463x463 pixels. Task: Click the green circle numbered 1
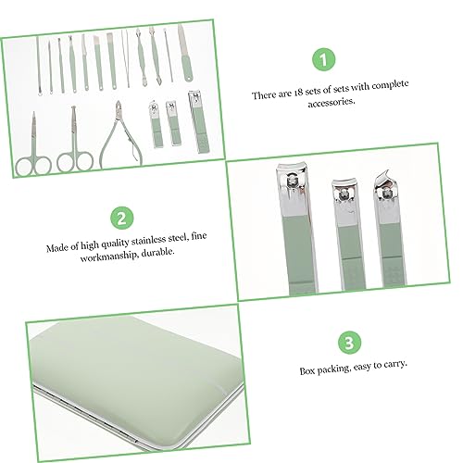[x=323, y=59]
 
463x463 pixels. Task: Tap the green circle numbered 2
[x=122, y=218]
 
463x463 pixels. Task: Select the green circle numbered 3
[x=349, y=343]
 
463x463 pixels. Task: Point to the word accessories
[x=332, y=103]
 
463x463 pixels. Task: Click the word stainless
[x=148, y=240]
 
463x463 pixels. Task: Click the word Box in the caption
[x=307, y=370]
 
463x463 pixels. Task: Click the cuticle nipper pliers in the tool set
[x=120, y=136]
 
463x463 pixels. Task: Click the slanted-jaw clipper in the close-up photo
[x=390, y=228]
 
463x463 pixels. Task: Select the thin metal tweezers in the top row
[x=125, y=58]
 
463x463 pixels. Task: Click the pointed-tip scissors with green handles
[x=33, y=145]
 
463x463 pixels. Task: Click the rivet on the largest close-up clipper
[x=292, y=181]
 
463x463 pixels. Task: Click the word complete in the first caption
[x=390, y=85]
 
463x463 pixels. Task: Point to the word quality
[x=114, y=244]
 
